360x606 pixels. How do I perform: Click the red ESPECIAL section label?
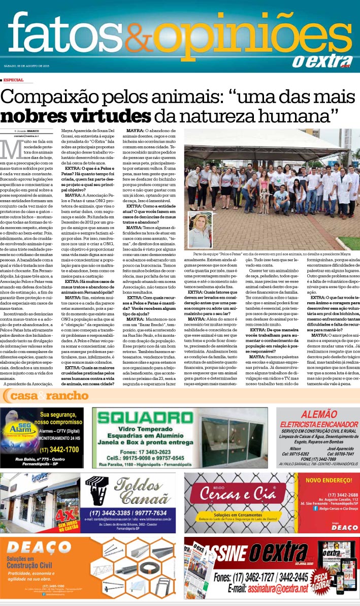point(14,80)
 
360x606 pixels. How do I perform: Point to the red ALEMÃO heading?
point(318,414)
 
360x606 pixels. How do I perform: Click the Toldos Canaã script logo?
point(140,490)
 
